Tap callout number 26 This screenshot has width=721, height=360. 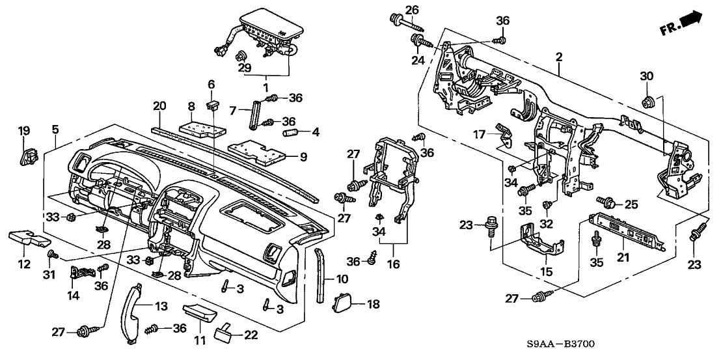412,9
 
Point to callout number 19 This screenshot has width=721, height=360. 24,131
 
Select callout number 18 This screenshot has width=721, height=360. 372,304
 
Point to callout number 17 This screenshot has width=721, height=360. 478,135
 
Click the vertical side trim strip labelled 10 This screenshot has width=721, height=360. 319,274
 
